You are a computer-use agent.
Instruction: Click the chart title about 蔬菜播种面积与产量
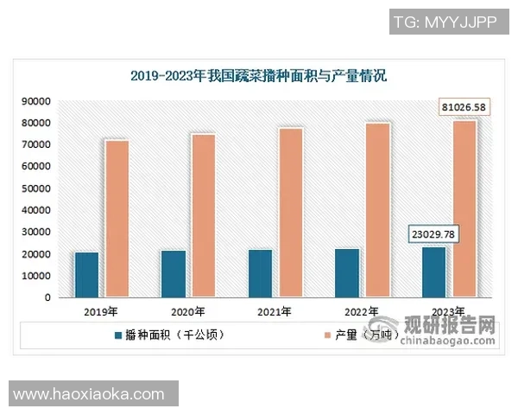259,76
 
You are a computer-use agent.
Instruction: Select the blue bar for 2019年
86,275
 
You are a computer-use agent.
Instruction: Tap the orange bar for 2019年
117,219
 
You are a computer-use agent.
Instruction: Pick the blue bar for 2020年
174,274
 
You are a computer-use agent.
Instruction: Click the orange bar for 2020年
204,216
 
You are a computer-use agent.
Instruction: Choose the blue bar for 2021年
260,273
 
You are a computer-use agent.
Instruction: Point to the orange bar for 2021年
291,213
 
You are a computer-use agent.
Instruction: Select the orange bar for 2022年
377,210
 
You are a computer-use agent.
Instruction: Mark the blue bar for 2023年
433,272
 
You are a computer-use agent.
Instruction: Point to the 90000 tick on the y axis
36,101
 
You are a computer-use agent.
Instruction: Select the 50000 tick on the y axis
36,188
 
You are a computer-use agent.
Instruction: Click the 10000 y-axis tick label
36,276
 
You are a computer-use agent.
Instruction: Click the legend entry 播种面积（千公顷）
169,333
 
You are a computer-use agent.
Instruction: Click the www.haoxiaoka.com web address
89,394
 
